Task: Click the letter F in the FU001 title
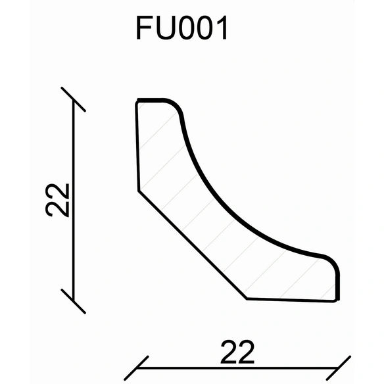[144, 28]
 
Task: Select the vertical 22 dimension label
[57, 200]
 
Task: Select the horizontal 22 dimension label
[237, 351]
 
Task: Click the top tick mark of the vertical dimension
[73, 99]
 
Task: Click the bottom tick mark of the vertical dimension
[73, 301]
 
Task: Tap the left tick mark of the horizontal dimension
[136, 368]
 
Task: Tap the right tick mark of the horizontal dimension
[339, 368]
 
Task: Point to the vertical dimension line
[73, 200]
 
